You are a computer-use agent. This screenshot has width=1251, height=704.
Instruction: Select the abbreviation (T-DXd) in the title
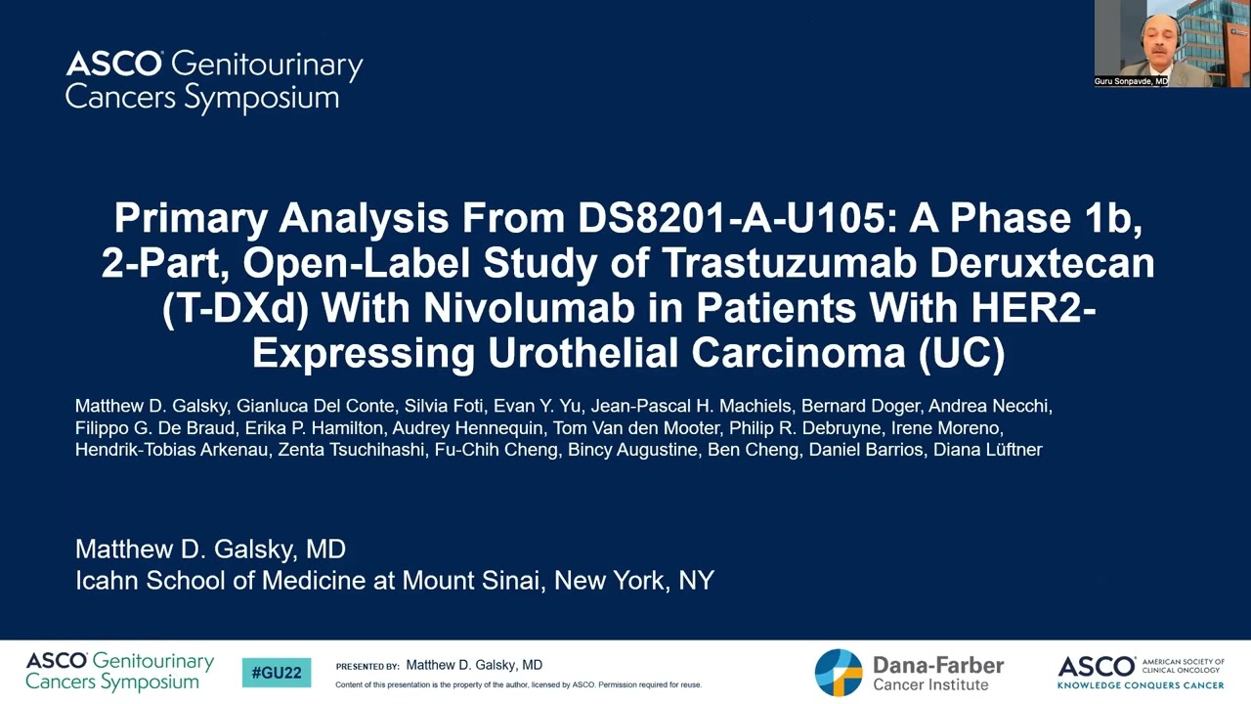click(x=236, y=308)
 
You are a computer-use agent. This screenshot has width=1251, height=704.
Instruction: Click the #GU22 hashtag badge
click(x=277, y=673)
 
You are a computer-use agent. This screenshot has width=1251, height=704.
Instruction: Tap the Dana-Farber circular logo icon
click(x=839, y=673)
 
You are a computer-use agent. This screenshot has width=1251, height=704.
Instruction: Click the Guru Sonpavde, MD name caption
click(x=1131, y=81)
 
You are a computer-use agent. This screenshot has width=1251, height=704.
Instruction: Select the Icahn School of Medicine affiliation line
click(x=394, y=580)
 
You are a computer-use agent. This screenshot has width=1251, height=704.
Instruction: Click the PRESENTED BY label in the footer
click(x=367, y=667)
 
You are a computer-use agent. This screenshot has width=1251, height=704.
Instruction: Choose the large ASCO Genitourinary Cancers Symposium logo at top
click(x=214, y=80)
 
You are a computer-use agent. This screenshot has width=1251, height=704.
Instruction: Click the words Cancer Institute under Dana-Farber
click(x=930, y=684)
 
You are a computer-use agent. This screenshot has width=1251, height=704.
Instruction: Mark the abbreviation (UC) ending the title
click(x=962, y=353)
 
